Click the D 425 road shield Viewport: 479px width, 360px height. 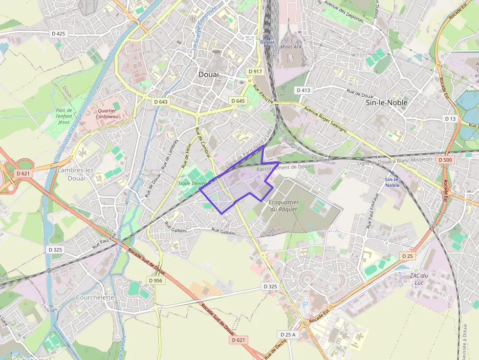click(x=58, y=34)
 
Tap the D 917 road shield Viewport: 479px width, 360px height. click(x=255, y=71)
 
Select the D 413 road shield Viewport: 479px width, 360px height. click(x=303, y=90)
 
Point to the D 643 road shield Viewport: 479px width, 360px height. click(x=160, y=102)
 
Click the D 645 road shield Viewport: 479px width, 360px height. click(x=238, y=101)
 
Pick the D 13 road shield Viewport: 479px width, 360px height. click(x=450, y=119)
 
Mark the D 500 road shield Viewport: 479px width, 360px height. click(x=445, y=160)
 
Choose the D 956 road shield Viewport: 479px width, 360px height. click(x=155, y=280)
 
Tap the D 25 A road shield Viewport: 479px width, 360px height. click(x=287, y=335)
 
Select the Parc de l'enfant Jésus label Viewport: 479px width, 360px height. click(x=64, y=116)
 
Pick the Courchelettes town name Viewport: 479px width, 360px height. click(x=96, y=297)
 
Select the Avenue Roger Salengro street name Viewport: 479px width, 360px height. click(x=325, y=120)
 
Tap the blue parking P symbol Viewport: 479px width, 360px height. click(x=306, y=304)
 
